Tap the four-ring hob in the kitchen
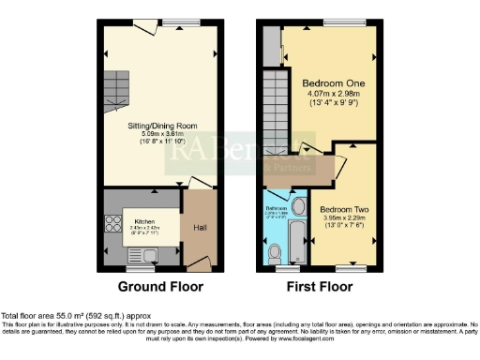(x=112, y=224)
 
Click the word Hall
(x=199, y=226)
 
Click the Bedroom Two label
(x=341, y=209)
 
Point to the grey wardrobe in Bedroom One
(x=270, y=44)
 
